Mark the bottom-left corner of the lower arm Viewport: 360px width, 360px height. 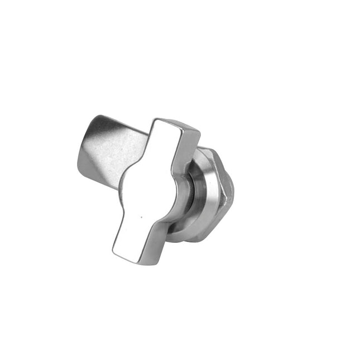coord(114,248)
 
